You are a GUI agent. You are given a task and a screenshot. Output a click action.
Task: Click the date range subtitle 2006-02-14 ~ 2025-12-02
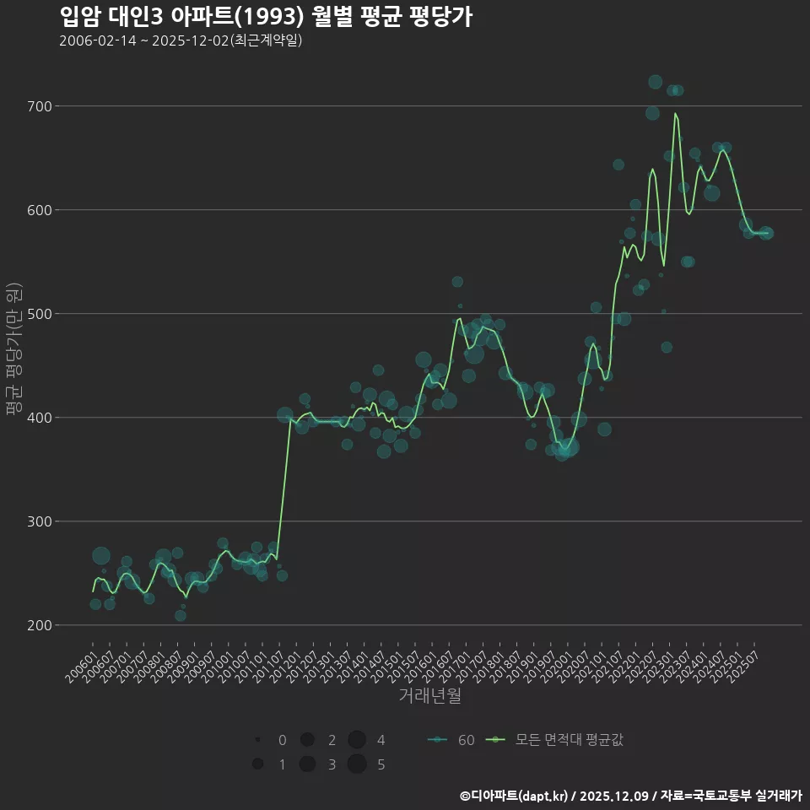[181, 40]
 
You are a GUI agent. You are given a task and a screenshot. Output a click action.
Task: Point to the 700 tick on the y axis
[39, 106]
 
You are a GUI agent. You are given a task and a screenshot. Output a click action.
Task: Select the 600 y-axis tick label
[39, 210]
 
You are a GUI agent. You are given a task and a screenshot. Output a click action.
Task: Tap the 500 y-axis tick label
[39, 314]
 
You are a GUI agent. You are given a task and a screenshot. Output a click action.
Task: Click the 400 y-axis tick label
[39, 418]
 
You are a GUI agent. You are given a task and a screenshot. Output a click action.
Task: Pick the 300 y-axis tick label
[39, 521]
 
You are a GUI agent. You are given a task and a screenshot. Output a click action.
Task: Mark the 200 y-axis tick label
[39, 625]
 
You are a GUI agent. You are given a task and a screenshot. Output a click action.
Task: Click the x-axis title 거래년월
[429, 696]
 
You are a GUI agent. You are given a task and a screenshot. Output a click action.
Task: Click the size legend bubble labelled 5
[357, 764]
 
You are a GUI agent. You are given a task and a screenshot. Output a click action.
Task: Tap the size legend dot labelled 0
[257, 740]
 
